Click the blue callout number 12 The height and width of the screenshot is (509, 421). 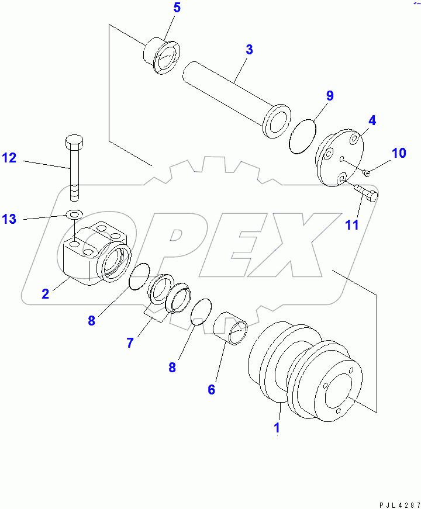click(9, 157)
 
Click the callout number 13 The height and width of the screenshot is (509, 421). click(9, 219)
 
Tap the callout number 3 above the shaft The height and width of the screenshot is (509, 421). click(249, 50)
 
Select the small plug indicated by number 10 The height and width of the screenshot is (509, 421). click(367, 172)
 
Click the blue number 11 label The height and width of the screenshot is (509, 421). click(351, 226)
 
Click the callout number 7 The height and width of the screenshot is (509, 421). click(130, 343)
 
